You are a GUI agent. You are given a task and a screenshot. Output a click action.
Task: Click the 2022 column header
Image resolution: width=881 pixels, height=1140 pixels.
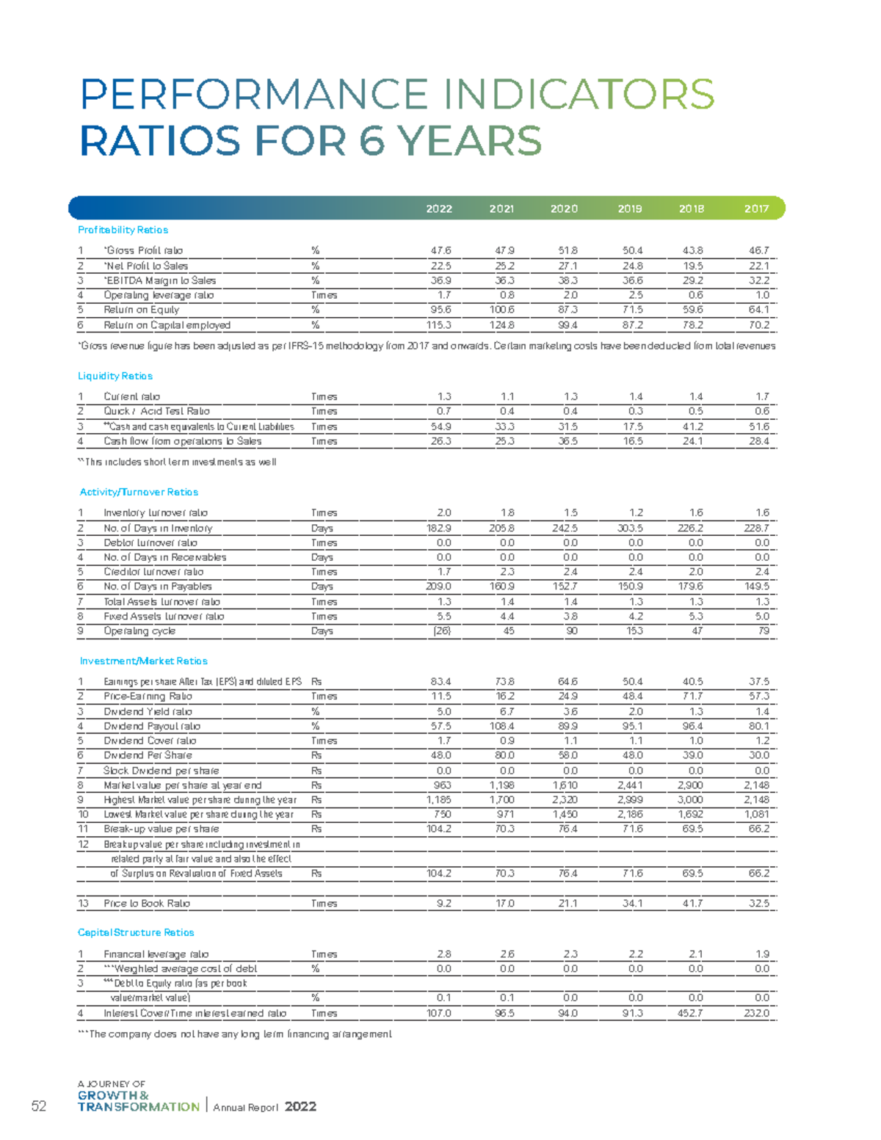coord(439,208)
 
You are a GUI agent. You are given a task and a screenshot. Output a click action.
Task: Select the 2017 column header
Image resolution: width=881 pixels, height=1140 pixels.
coord(756,208)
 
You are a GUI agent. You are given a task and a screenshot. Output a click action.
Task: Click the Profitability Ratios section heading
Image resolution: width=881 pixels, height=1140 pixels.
coord(123,230)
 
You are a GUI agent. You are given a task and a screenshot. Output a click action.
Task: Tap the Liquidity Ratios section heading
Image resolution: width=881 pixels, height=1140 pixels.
coord(115,376)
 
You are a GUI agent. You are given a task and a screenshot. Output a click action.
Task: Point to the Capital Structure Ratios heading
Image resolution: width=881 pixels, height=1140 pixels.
coord(136,932)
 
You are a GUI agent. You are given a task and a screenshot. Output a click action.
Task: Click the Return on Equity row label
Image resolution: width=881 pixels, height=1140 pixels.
coord(142,310)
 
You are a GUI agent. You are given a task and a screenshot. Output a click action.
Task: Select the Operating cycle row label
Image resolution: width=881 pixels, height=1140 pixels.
coord(139,631)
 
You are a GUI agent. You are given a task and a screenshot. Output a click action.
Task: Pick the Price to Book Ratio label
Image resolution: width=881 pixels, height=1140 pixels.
coord(147,904)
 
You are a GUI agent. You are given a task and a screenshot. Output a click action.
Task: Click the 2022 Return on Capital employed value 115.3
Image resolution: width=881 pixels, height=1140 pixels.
coord(438,325)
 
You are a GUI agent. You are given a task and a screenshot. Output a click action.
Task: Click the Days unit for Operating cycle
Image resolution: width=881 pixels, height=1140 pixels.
coord(322,631)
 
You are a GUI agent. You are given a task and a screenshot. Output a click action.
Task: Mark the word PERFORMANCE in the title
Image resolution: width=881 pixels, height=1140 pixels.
coord(254,95)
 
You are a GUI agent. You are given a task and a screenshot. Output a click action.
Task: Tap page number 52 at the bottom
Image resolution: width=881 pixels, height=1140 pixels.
coord(39,1106)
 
